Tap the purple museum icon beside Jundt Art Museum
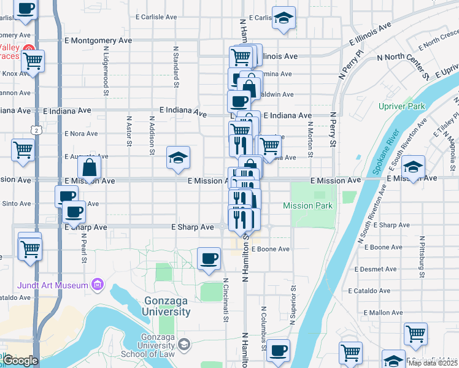pos(96,285)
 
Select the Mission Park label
pos(307,205)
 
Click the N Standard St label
pos(175,63)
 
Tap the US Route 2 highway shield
pos(37,130)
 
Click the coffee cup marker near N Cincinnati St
pos(209,258)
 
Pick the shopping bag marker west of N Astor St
pos(90,167)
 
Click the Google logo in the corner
pos(20,361)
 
